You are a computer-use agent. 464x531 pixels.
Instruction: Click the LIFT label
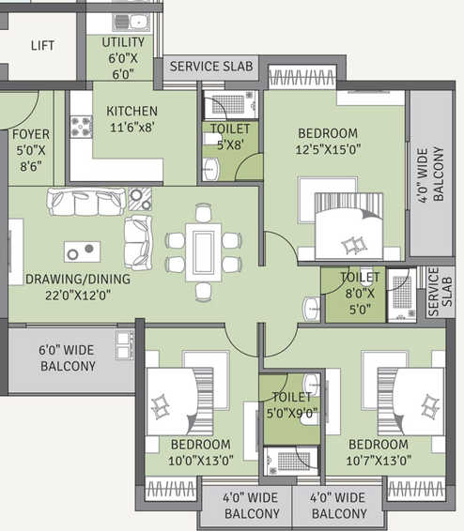[42, 45]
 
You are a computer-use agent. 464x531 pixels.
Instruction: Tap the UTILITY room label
[123, 42]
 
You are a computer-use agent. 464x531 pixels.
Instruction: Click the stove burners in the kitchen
[82, 127]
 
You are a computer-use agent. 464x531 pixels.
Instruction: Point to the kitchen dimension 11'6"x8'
[132, 128]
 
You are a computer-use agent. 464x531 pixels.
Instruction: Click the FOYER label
[31, 134]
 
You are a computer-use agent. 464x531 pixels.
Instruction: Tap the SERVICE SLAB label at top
[211, 67]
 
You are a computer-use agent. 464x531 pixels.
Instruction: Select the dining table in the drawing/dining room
[204, 252]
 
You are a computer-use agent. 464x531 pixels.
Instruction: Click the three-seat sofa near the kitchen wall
[85, 202]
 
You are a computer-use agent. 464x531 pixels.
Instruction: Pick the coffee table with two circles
[83, 251]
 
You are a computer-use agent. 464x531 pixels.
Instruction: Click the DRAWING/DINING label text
[78, 279]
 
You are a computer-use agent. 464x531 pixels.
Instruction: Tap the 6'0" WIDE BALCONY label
[68, 358]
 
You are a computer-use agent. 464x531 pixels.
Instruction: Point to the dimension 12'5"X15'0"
[328, 149]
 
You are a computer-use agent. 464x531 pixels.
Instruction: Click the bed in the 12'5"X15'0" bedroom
[348, 226]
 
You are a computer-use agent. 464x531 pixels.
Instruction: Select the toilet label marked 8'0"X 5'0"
[360, 294]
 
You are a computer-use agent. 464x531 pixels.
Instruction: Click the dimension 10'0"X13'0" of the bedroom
[201, 461]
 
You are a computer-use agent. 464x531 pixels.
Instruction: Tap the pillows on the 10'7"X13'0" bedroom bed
[430, 405]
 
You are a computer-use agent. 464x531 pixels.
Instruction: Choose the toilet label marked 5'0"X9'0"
[292, 404]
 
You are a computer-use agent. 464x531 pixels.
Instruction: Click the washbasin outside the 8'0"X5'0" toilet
[311, 309]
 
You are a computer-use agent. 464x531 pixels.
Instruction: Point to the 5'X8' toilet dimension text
[230, 144]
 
